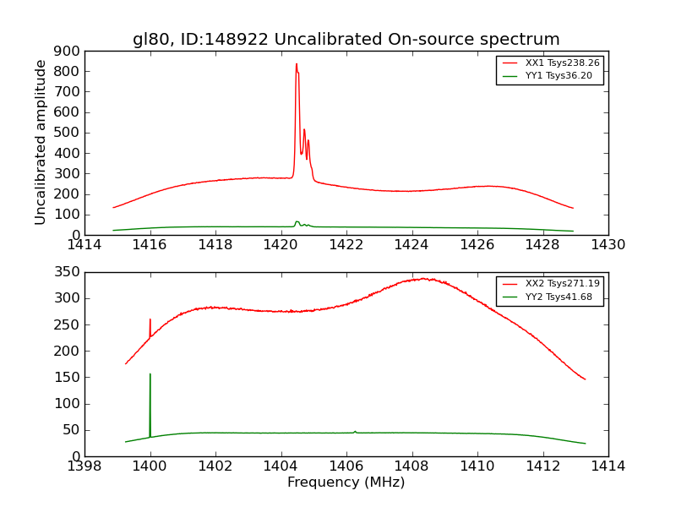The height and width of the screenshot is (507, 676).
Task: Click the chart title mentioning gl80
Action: [x=346, y=40]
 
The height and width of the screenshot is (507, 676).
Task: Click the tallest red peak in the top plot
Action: [x=296, y=64]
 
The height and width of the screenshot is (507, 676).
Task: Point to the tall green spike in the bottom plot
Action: [x=150, y=375]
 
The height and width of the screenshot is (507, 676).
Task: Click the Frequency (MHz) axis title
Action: [x=346, y=482]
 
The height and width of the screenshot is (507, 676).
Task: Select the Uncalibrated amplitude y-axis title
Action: [x=41, y=142]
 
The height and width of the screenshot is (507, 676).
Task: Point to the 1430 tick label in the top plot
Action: [x=608, y=246]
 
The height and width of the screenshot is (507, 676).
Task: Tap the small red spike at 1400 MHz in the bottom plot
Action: [x=150, y=320]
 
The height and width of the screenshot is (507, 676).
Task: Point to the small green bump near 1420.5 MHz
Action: [x=297, y=222]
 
